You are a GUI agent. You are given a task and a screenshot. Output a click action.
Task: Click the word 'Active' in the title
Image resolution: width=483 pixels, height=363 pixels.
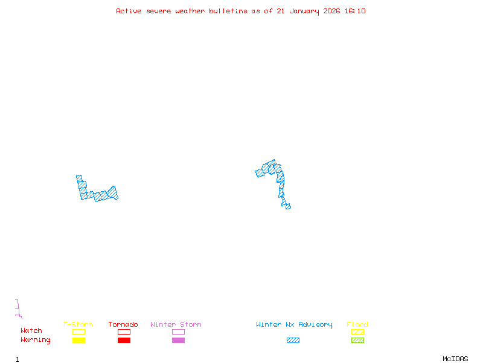click(x=129, y=11)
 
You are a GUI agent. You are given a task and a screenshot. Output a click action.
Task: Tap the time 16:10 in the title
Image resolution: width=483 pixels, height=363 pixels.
click(x=355, y=11)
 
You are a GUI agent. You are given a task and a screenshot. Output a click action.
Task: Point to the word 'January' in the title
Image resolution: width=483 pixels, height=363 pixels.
click(x=304, y=11)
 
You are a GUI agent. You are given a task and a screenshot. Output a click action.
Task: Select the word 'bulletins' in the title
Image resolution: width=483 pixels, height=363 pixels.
click(x=228, y=11)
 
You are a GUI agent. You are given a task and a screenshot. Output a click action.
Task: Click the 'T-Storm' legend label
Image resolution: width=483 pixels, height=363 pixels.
click(x=78, y=325)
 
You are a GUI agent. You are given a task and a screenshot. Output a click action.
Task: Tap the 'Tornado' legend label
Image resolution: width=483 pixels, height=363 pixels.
click(x=123, y=325)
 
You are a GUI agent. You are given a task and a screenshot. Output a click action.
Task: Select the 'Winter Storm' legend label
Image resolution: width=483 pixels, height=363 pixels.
click(x=176, y=325)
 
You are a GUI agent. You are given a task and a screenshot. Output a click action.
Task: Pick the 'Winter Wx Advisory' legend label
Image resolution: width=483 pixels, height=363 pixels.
click(x=294, y=325)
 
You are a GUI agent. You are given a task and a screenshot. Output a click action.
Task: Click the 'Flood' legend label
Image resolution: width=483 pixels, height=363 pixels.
click(x=357, y=325)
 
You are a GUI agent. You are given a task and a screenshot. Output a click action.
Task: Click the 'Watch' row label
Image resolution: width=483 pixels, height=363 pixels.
click(x=31, y=331)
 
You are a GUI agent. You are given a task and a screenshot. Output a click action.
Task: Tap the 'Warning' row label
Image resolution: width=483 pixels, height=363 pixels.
click(x=36, y=340)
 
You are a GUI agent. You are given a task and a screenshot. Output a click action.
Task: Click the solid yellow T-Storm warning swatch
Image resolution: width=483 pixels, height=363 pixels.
click(x=78, y=341)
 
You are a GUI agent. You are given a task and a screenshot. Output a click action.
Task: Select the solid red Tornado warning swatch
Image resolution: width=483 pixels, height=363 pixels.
click(x=124, y=341)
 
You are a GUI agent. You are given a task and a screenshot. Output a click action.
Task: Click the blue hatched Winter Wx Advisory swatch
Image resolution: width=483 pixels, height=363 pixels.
click(x=293, y=341)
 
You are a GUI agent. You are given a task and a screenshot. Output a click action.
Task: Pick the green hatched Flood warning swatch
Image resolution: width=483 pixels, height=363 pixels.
click(x=357, y=341)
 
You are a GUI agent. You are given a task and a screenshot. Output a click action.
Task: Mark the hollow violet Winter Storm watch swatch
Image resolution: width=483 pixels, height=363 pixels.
click(x=178, y=332)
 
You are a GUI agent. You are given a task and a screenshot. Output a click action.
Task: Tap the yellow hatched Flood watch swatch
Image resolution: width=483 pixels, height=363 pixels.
click(x=357, y=332)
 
